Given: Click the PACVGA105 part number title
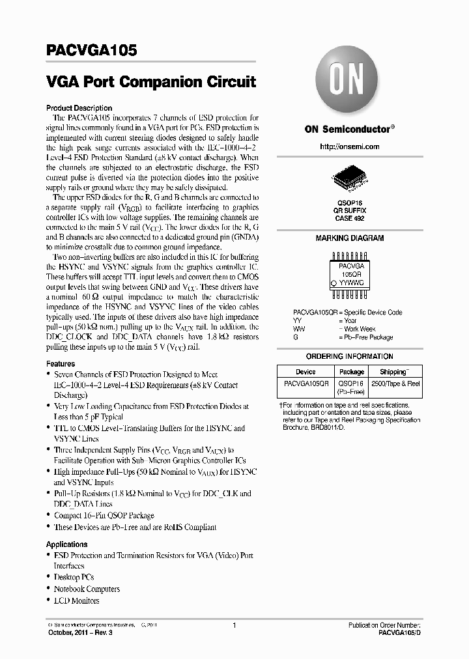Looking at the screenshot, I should tap(91, 51).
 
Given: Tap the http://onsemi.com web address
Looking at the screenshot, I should tap(350, 147).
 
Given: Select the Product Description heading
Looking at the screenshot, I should tap(79, 108).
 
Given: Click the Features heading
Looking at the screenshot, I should tap(61, 363).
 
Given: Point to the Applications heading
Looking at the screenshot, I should tap(66, 544).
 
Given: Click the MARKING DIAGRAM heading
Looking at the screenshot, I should tap(350, 238).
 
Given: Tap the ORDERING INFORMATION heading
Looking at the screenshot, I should tap(350, 357).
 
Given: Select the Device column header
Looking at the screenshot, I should tap(306, 372).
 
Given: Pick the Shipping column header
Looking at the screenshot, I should tap(393, 372).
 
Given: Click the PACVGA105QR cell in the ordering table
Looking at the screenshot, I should tap(306, 384).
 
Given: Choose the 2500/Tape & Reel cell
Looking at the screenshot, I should tap(395, 384).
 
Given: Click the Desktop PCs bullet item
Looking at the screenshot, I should tap(74, 578).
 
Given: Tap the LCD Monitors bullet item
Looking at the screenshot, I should tap(76, 601).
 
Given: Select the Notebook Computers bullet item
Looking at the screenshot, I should tap(87, 589).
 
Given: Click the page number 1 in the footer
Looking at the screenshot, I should tap(233, 625).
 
